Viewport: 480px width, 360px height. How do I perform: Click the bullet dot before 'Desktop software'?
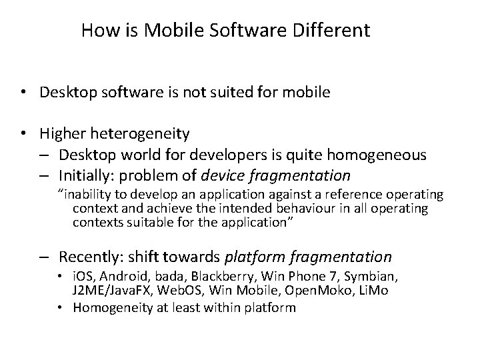24,93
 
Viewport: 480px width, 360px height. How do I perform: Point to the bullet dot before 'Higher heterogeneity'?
24,135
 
